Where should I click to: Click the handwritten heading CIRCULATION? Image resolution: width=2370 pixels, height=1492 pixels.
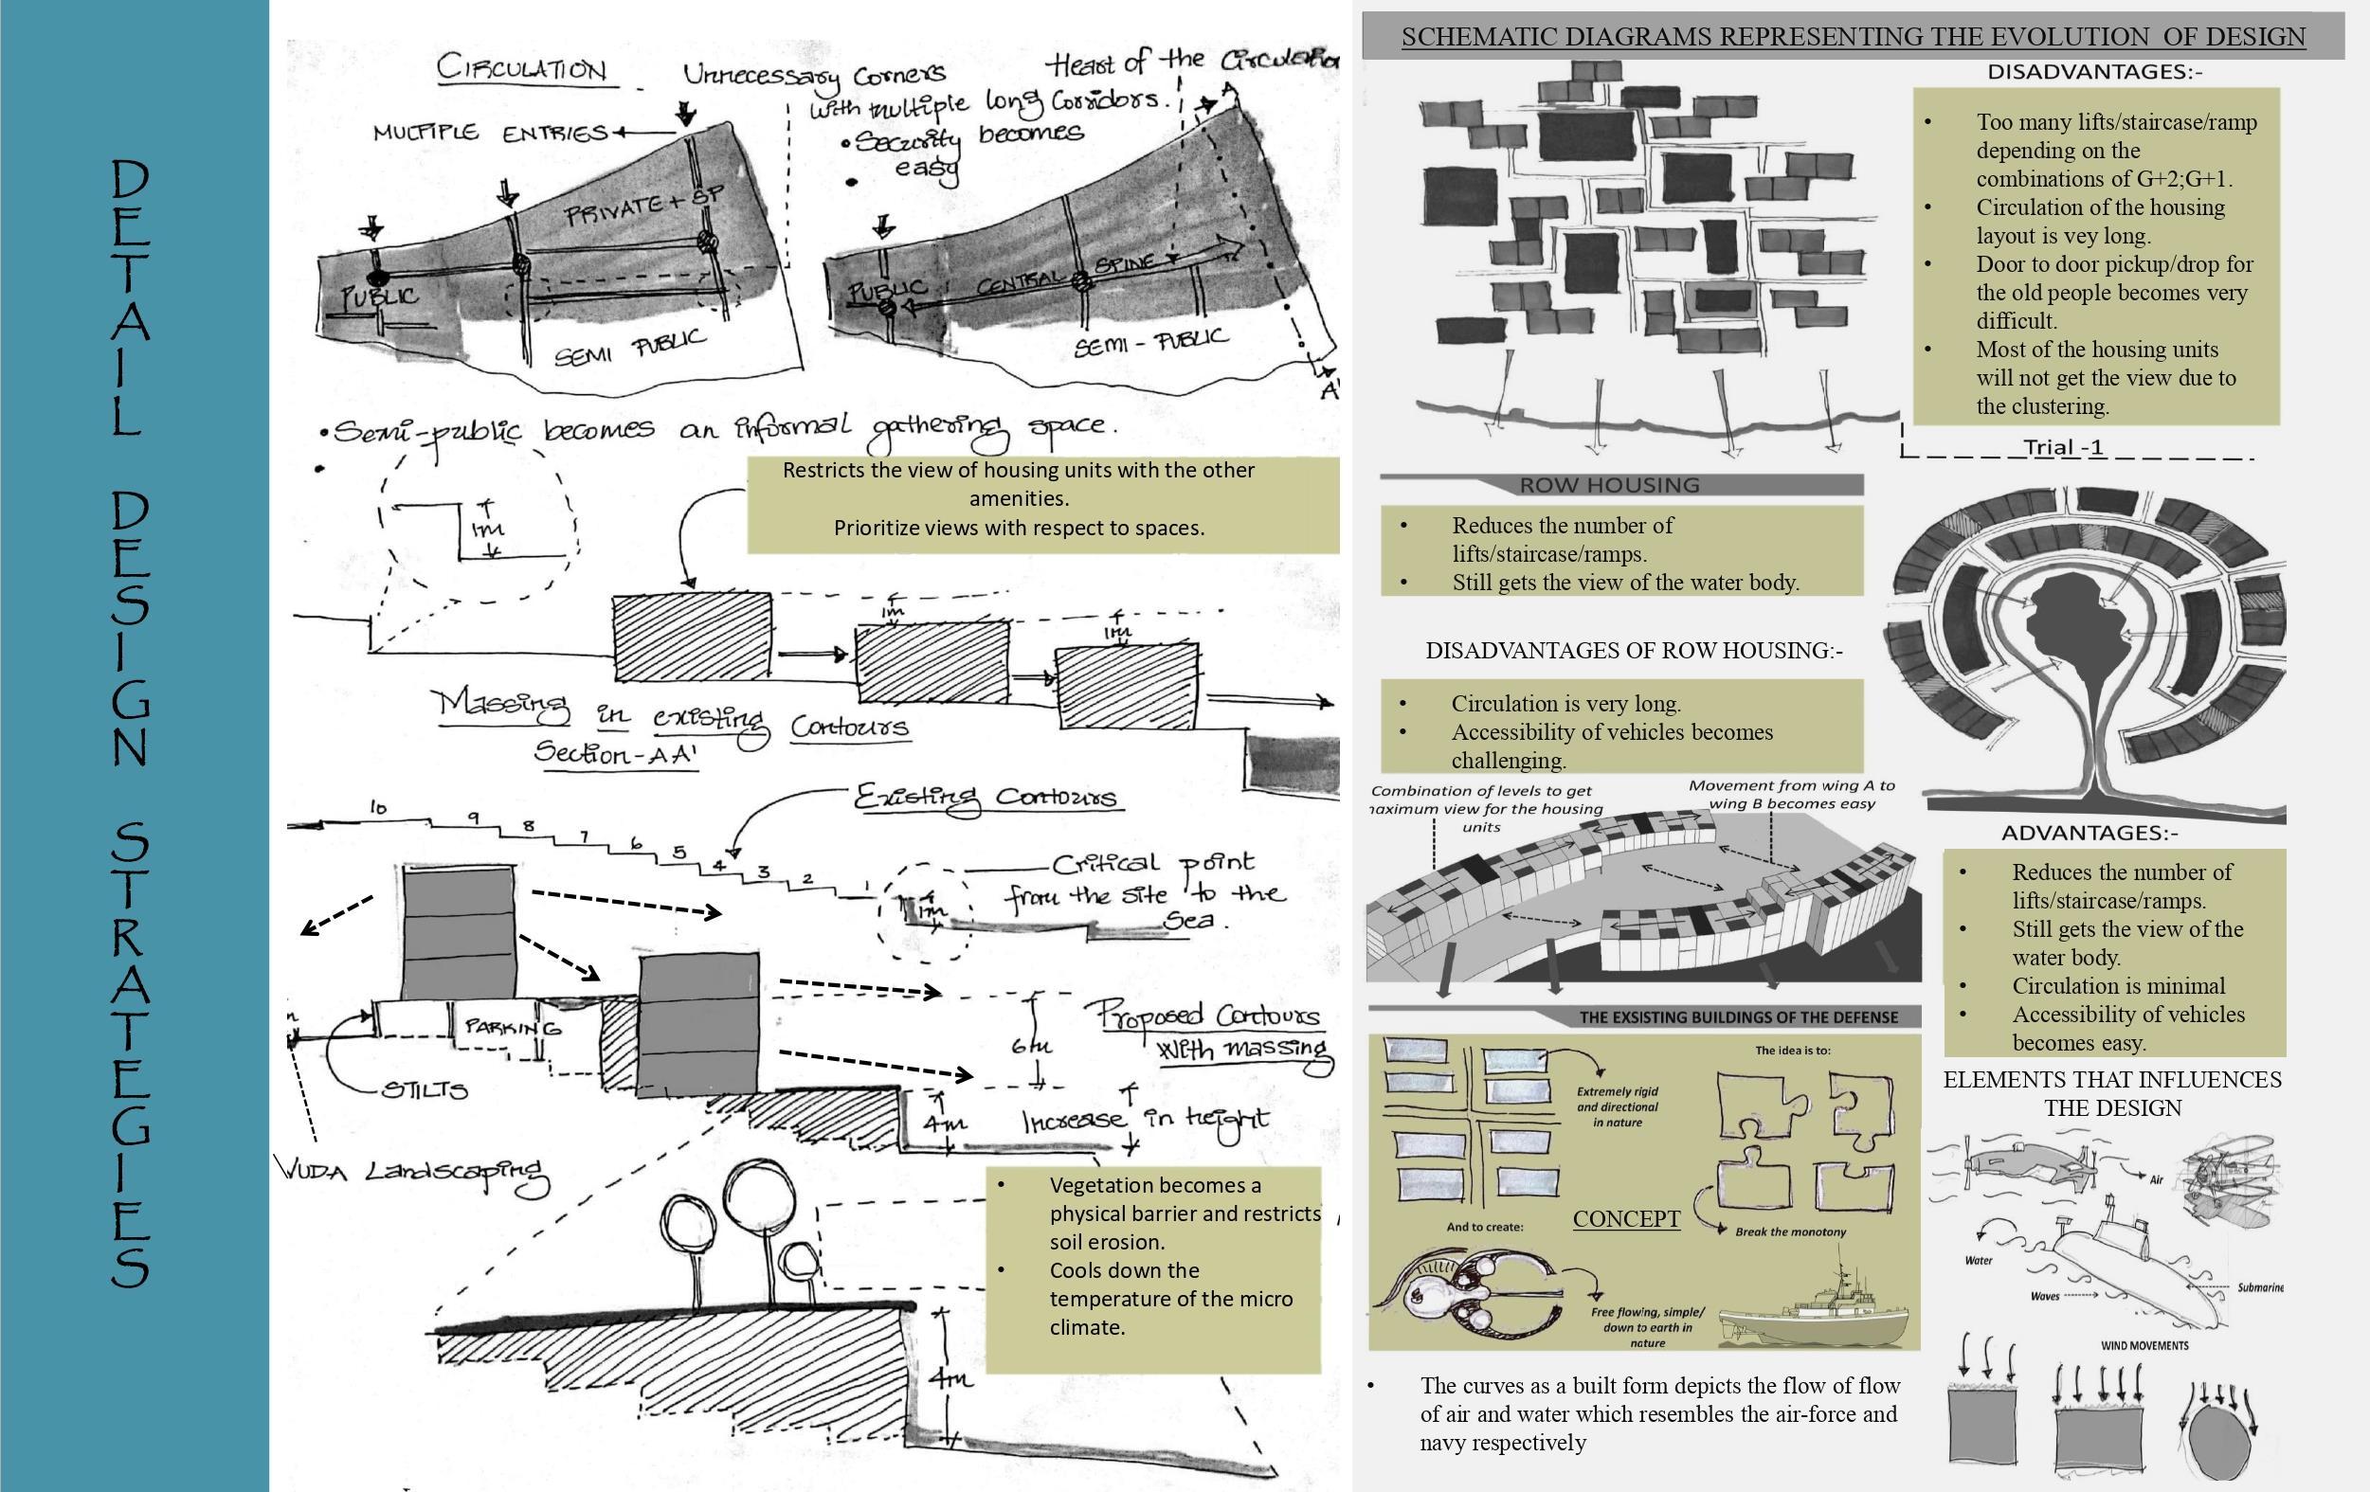coord(521,69)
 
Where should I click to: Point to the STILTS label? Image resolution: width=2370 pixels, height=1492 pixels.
coord(425,1090)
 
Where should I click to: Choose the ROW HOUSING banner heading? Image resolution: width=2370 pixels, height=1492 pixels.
coord(1609,485)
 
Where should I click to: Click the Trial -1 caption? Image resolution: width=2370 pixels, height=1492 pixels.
coord(2063,448)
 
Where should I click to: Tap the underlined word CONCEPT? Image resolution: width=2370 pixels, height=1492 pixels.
coord(1626,1218)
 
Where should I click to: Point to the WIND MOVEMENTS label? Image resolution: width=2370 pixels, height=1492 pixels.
coord(2144,1345)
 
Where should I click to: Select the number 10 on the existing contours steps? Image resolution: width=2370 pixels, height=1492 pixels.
coord(378,808)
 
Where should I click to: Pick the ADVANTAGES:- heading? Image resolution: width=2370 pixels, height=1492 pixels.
coord(2090,834)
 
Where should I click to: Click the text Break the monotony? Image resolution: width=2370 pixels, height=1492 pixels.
coord(1789,1232)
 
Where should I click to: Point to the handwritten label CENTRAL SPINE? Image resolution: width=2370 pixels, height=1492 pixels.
coord(1068,276)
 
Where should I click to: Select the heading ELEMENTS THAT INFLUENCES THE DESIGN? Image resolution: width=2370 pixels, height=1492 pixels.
coord(2112,1093)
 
